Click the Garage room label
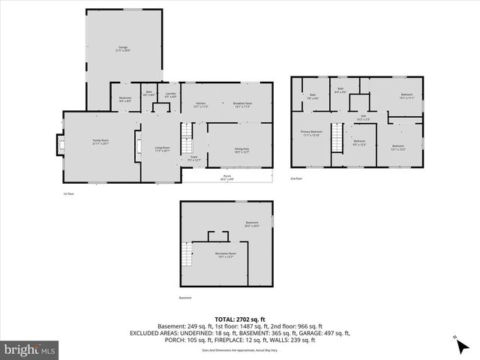[x=123, y=49]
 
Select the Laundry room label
[x=170, y=95]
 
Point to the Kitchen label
[x=200, y=105]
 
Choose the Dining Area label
[x=241, y=150]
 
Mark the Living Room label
[x=162, y=148]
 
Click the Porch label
[x=226, y=178]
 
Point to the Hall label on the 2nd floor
[x=362, y=117]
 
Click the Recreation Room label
[x=221, y=256]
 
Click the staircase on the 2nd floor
[x=337, y=137]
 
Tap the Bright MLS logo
[x=31, y=349]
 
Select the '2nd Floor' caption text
[x=297, y=179]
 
